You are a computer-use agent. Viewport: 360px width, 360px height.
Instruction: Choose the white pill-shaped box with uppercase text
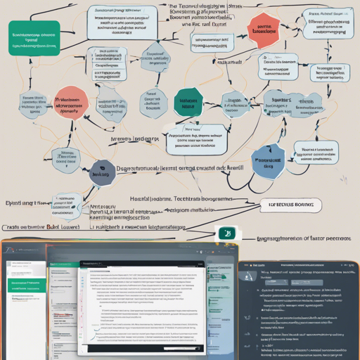tap(290, 205)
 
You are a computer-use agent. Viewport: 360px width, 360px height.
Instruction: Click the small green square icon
tap(226, 233)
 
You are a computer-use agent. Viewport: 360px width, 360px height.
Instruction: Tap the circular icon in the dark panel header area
tap(251, 277)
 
